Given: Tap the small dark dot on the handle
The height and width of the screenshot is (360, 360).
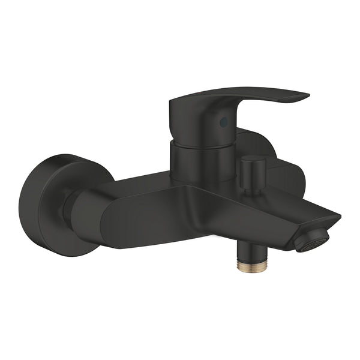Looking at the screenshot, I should click(x=223, y=122).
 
